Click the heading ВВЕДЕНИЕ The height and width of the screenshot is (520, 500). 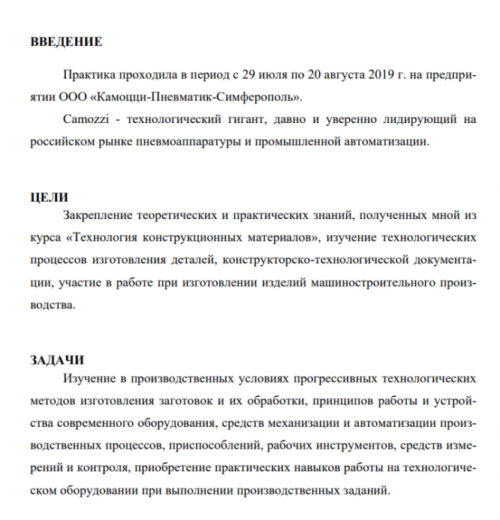pyautogui.click(x=66, y=41)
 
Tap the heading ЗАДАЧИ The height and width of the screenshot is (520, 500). pyautogui.click(x=56, y=358)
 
